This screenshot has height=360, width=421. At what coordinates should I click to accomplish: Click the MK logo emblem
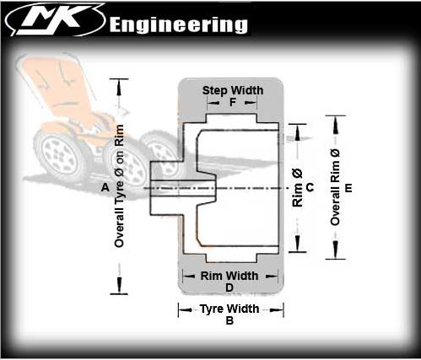(55, 19)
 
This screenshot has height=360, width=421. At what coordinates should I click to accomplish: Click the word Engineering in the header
(179, 25)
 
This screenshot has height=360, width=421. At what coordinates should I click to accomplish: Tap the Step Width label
(233, 90)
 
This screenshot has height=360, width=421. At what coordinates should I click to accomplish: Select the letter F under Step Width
(233, 103)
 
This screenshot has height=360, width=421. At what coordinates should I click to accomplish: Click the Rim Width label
(229, 276)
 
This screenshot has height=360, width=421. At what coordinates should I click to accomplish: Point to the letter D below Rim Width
(229, 287)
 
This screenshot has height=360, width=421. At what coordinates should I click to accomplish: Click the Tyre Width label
(229, 309)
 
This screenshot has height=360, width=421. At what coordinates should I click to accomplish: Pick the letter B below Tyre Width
(229, 320)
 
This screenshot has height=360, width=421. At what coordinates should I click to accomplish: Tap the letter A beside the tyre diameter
(105, 187)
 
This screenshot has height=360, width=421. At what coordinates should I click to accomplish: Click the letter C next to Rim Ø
(310, 187)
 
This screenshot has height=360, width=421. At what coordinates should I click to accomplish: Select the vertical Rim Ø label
(298, 188)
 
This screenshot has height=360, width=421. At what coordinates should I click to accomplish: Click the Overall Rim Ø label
(335, 187)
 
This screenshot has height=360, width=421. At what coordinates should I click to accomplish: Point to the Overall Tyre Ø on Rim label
(119, 186)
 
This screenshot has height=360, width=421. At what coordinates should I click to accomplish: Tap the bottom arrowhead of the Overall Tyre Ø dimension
(119, 285)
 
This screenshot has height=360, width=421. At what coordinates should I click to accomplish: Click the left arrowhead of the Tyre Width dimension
(185, 310)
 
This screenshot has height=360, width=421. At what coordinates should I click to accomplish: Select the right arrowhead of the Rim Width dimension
(272, 277)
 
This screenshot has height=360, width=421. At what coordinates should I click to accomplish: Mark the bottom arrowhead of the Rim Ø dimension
(298, 244)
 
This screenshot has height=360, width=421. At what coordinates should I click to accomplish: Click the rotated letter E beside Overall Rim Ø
(348, 187)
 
